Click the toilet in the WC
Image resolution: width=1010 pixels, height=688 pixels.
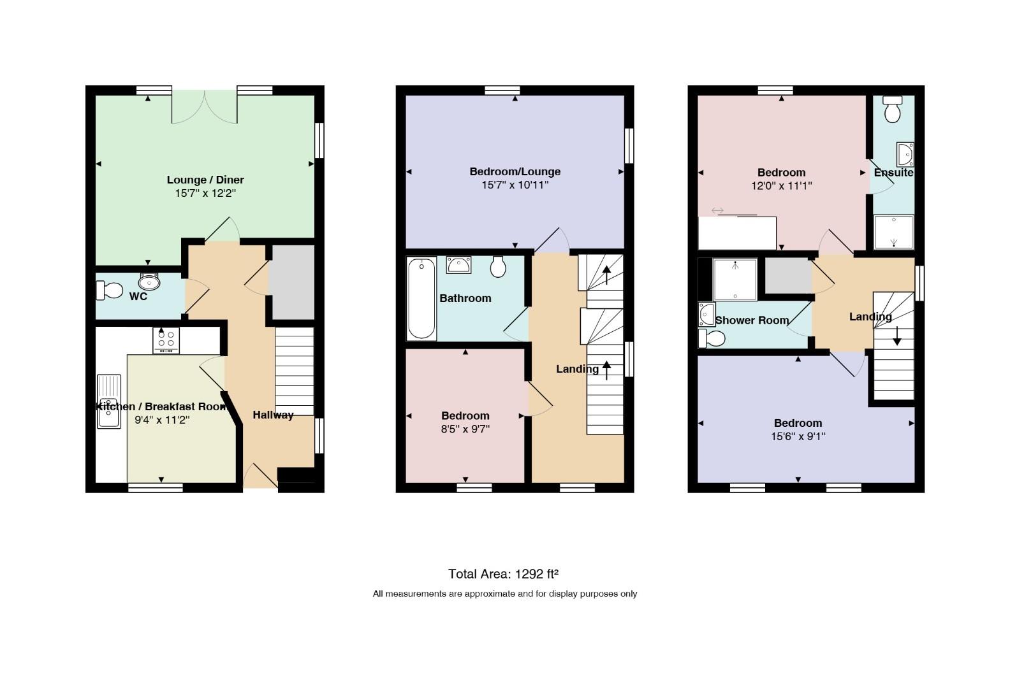[x=110, y=290]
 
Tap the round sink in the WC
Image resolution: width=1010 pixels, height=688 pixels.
[x=149, y=282]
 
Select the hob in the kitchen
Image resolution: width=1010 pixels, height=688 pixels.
[x=166, y=340]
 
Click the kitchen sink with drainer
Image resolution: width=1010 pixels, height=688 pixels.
[x=108, y=401]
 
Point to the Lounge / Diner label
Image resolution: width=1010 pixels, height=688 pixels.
[x=205, y=180]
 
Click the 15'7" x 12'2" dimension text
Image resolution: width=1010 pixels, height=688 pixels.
[x=205, y=193]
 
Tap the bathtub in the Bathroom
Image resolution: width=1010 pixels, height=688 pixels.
[x=421, y=299]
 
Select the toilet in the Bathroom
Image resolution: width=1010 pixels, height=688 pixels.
[x=498, y=267]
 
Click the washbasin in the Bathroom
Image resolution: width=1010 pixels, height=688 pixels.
[x=458, y=265]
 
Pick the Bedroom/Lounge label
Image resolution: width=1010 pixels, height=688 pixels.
[x=515, y=171]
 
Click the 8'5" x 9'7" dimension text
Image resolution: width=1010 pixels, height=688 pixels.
[x=465, y=429]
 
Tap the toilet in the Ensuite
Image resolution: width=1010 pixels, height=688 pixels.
[x=892, y=109]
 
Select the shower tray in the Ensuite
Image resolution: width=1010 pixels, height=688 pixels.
[x=894, y=232]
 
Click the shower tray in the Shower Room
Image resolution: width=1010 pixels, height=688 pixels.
[x=735, y=280]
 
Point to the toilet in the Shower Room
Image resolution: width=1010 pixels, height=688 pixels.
[x=712, y=338]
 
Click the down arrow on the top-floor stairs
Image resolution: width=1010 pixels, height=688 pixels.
[x=897, y=336]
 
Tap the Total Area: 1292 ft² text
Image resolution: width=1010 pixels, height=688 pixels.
[x=503, y=574]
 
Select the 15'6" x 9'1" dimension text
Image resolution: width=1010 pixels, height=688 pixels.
[x=798, y=436]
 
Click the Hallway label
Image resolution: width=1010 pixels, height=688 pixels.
[x=273, y=415]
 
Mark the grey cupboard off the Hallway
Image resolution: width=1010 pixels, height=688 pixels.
[x=292, y=282]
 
